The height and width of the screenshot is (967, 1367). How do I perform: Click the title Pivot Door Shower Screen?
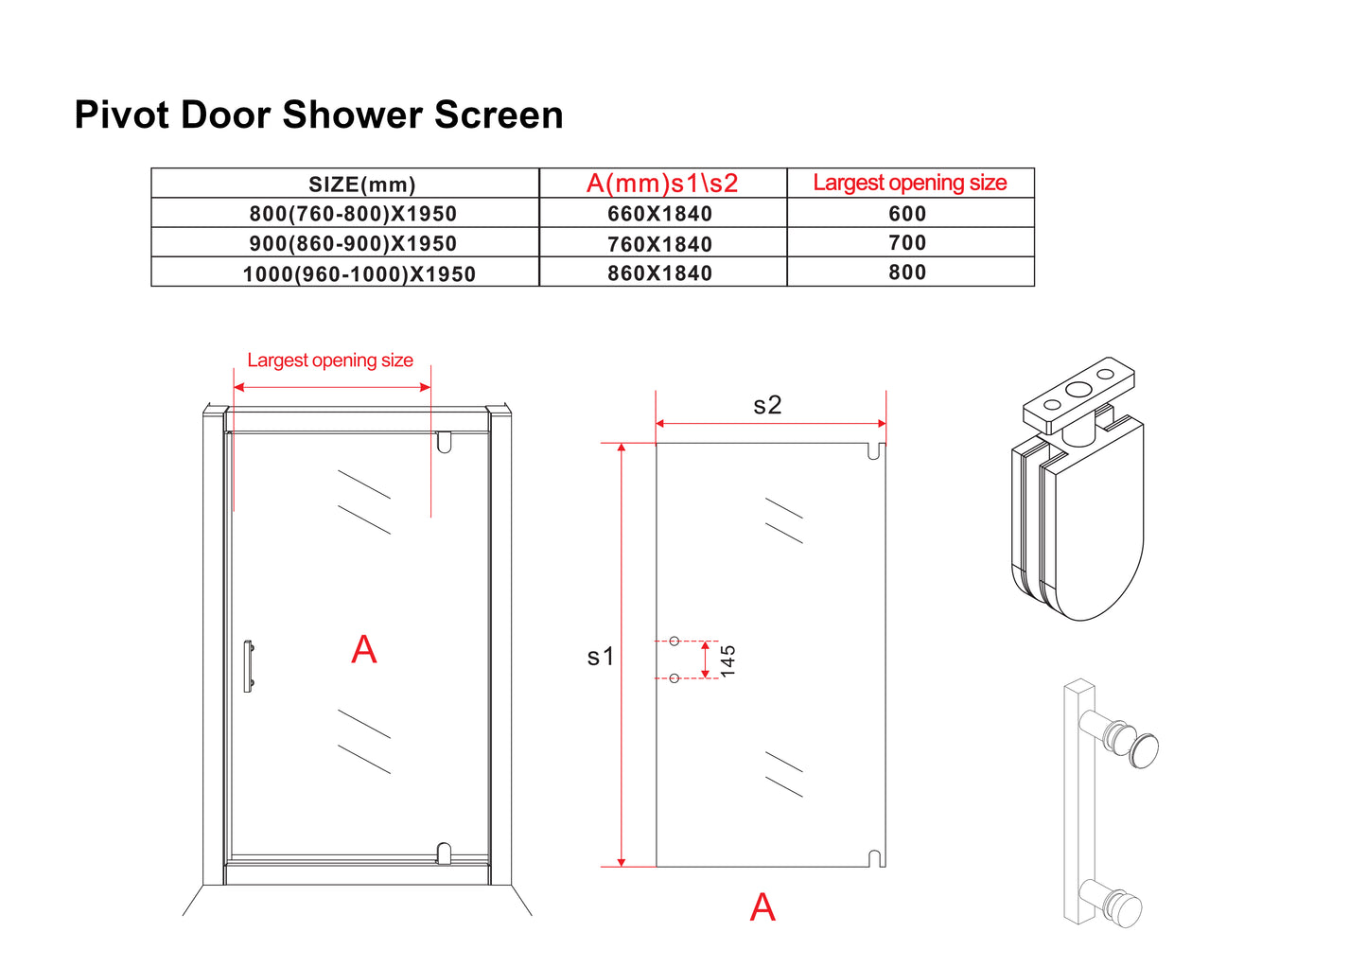click(319, 115)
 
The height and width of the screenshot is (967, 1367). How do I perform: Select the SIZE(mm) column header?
click(361, 185)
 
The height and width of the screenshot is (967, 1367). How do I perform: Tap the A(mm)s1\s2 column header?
click(662, 184)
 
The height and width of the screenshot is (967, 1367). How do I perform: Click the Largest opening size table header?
click(909, 183)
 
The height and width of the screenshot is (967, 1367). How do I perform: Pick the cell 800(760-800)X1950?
click(353, 214)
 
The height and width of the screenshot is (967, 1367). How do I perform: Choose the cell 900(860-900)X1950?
click(353, 243)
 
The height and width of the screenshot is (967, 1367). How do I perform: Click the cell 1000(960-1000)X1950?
click(359, 273)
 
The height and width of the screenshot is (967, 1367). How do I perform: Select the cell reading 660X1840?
click(659, 214)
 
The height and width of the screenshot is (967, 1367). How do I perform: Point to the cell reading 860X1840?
click(659, 273)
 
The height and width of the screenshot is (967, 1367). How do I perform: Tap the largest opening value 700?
click(907, 243)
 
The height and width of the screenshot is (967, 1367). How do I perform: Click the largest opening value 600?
click(907, 214)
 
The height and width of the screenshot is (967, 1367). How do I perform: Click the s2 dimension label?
click(767, 405)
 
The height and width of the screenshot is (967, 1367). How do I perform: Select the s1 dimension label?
click(601, 656)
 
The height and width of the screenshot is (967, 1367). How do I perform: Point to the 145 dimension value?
click(727, 660)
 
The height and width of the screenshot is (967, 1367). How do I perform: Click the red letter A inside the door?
click(364, 650)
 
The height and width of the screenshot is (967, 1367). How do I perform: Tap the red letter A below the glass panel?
click(762, 907)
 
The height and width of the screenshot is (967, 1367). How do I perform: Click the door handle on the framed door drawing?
click(248, 666)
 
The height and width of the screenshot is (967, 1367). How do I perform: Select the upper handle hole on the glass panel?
click(674, 642)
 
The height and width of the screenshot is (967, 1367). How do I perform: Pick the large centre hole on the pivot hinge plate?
click(1078, 390)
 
